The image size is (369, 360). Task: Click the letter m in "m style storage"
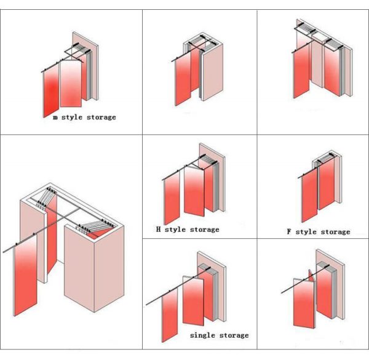point(56,117)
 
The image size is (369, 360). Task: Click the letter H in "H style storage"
point(158,230)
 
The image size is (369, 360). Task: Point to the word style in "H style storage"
point(177,230)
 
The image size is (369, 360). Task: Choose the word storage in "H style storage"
point(205,230)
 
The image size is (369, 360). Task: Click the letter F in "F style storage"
point(289,232)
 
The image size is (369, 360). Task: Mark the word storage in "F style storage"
point(336,232)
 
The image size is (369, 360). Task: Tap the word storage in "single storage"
point(234,335)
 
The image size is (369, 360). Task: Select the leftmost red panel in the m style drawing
point(50,89)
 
